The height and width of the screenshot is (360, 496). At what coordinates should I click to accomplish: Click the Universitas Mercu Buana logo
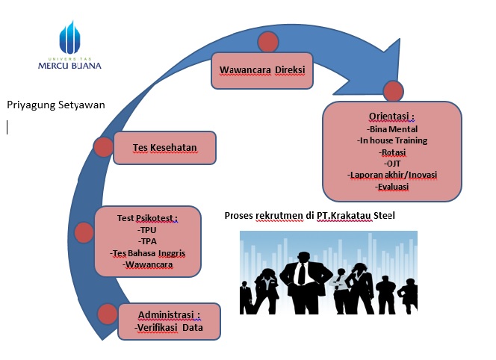pyautogui.click(x=69, y=46)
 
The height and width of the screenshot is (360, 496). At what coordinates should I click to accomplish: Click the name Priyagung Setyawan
pyautogui.click(x=56, y=105)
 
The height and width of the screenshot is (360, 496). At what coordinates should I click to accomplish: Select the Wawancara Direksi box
pyautogui.click(x=262, y=70)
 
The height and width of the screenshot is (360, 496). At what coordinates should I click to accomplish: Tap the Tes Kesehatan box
pyautogui.click(x=165, y=148)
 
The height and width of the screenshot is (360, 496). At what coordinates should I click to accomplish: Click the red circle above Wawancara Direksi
pyautogui.click(x=268, y=42)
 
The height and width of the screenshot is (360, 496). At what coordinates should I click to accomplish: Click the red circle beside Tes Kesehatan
pyautogui.click(x=103, y=147)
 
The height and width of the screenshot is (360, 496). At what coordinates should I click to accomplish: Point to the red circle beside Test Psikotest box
pyautogui.click(x=84, y=232)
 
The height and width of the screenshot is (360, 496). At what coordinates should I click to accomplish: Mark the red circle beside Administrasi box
pyautogui.click(x=108, y=314)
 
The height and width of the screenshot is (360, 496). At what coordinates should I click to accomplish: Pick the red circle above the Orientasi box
pyautogui.click(x=393, y=91)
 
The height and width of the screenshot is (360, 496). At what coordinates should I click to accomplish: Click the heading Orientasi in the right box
pyautogui.click(x=391, y=117)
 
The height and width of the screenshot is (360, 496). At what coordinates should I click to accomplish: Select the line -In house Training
pyautogui.click(x=392, y=140)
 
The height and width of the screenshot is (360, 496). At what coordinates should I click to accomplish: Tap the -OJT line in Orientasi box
pyautogui.click(x=392, y=164)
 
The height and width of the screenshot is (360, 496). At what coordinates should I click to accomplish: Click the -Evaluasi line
pyautogui.click(x=392, y=187)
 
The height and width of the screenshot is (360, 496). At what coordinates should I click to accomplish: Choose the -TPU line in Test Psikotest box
pyautogui.click(x=147, y=230)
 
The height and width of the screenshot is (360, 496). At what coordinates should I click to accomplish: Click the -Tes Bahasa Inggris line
pyautogui.click(x=148, y=253)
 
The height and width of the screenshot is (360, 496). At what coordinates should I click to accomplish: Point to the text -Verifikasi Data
pyautogui.click(x=169, y=327)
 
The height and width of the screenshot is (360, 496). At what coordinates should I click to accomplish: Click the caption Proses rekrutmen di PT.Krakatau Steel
pyautogui.click(x=310, y=216)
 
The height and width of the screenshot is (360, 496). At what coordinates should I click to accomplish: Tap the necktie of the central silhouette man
pyautogui.click(x=302, y=273)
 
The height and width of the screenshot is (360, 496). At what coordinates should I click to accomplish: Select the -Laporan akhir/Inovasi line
pyautogui.click(x=392, y=175)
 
